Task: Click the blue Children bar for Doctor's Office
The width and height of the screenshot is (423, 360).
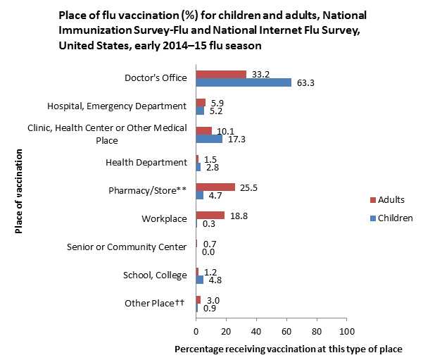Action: (x=244, y=82)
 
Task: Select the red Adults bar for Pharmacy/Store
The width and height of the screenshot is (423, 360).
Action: (x=215, y=187)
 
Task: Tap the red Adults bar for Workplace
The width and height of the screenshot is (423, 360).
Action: (x=210, y=215)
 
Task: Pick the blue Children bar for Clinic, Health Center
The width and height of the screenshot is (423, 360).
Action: (x=209, y=139)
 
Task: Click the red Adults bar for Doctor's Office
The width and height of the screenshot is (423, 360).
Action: (x=221, y=74)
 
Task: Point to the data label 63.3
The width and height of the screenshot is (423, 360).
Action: (x=306, y=82)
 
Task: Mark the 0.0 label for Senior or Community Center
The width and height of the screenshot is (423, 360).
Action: (x=208, y=252)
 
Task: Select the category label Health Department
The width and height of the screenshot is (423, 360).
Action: (x=146, y=162)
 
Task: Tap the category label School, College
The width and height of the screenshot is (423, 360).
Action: (x=154, y=275)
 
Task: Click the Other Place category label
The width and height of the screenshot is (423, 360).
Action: (x=154, y=303)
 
